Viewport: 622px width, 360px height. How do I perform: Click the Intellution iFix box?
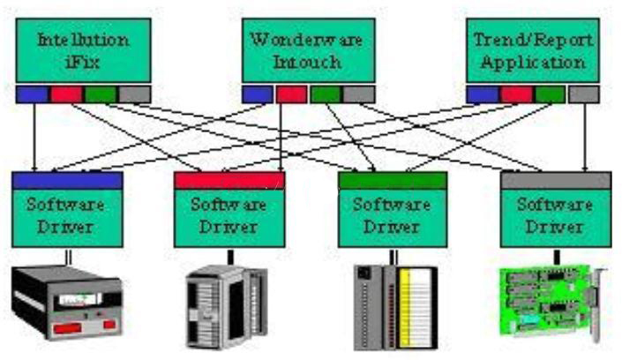83,50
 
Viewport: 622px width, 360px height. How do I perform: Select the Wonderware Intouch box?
309,50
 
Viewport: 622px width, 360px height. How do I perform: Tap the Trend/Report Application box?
533,50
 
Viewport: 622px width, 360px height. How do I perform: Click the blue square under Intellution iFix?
32,94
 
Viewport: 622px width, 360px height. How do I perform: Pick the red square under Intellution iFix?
66,94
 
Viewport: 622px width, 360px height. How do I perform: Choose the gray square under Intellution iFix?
135,94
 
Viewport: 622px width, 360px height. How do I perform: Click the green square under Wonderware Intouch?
326,94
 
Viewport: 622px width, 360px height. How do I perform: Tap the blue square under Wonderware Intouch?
258,94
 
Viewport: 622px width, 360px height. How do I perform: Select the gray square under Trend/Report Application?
583,94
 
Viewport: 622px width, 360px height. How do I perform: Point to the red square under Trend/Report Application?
516,94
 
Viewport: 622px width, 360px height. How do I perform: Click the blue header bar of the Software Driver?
67,181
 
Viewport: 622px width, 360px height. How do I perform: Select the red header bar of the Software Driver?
229,181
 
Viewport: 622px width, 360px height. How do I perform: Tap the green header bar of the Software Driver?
393,181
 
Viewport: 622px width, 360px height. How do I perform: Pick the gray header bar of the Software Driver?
556,181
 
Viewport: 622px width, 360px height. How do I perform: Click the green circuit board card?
552,303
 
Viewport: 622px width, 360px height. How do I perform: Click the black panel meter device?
67,303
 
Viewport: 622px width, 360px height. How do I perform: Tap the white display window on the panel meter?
80,299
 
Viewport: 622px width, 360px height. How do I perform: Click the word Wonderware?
307,40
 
